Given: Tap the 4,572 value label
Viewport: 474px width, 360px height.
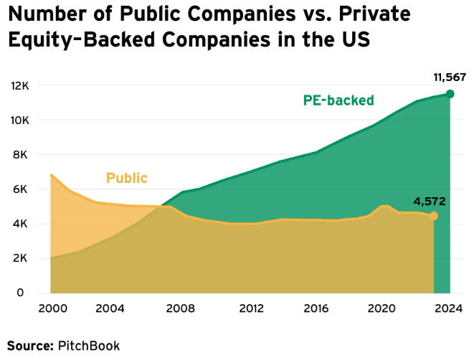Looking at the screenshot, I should coord(430,202).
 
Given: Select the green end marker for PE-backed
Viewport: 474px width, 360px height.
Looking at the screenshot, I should coord(450,94).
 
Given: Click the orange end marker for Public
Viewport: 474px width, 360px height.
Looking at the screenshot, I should coord(433,216).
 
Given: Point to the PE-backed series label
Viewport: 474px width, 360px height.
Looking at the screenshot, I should coord(338,100).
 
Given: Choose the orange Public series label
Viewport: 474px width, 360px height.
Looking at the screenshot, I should coord(127,179).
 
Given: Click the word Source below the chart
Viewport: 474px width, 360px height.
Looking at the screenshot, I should coord(29,346).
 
